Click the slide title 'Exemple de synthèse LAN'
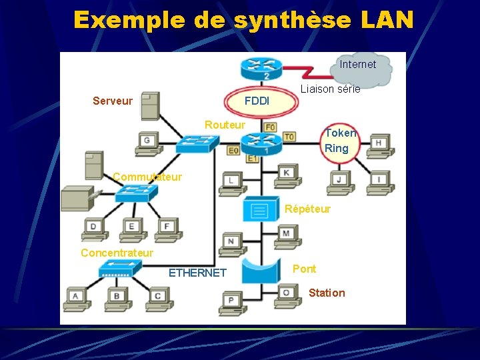point(243,19)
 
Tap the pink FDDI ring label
point(257,101)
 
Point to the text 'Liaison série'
point(330,89)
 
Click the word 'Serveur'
point(113,101)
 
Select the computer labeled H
point(379,145)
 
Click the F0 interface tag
point(270,127)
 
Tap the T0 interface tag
point(289,137)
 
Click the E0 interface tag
point(233,151)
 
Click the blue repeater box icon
point(259,209)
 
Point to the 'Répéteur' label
point(307,209)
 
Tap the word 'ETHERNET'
point(197,273)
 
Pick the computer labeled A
point(76,297)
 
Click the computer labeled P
point(232,301)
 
